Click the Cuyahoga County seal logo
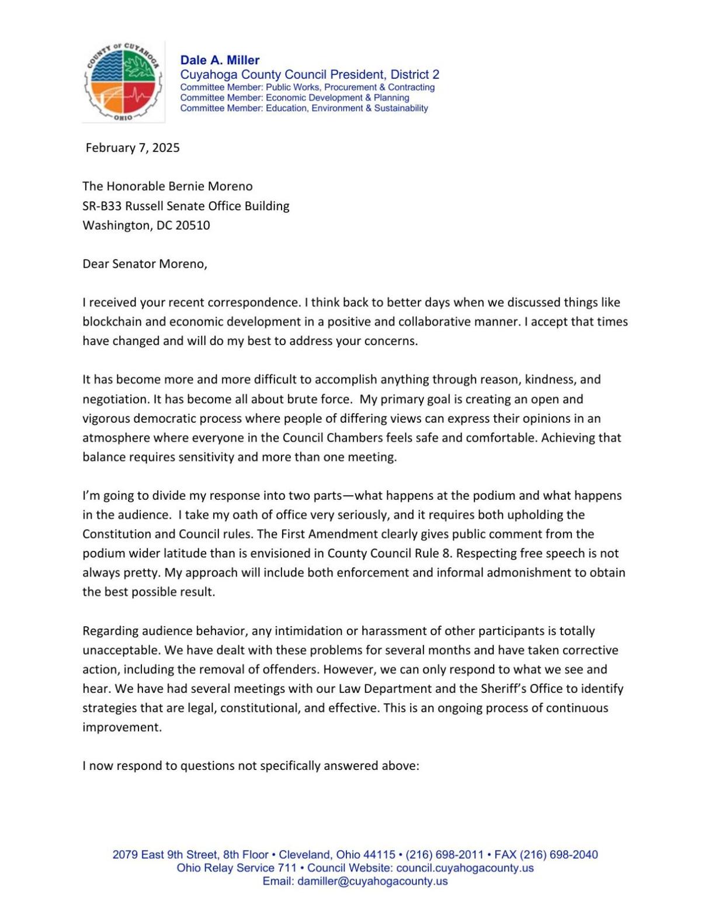point(122,82)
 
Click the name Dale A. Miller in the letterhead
point(220,60)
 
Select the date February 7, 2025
point(133,148)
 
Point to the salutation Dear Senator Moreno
point(144,264)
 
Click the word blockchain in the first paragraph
point(111,322)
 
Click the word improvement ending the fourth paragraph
point(122,727)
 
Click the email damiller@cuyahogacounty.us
point(372,881)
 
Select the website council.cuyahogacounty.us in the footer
point(464,868)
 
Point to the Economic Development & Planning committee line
point(337,98)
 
